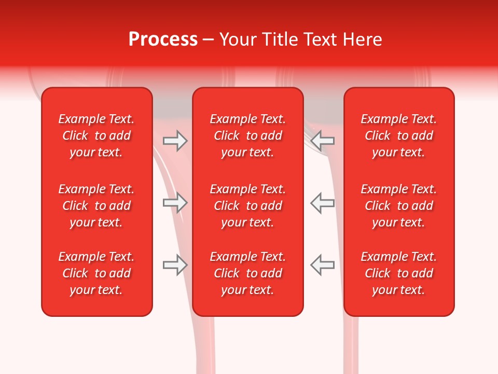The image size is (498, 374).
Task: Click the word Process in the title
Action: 163,39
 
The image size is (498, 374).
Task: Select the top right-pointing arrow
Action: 175,141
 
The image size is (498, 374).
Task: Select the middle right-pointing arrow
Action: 175,203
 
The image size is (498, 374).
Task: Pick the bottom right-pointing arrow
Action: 175,265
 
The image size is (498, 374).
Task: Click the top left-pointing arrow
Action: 323,141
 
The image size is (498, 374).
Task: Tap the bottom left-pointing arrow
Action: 323,265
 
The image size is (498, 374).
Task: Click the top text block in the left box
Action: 96,136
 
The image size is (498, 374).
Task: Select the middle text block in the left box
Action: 96,206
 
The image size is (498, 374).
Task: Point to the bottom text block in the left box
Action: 96,273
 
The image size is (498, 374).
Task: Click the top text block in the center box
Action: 247,136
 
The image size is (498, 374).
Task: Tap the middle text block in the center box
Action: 247,206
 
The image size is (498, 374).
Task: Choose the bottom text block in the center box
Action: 247,273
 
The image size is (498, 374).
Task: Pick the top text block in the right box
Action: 399,136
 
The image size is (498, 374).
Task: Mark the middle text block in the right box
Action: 399,206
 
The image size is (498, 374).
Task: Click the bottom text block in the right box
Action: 399,273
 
